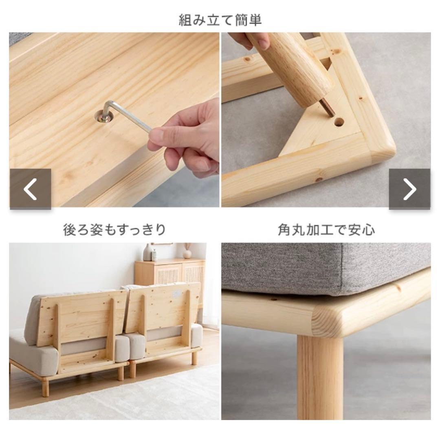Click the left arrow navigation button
tap(30, 189)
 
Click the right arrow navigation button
tap(409, 189)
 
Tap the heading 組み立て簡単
tap(220, 20)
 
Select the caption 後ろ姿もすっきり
tap(114, 230)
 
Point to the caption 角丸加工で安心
tap(326, 230)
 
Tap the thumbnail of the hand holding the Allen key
tap(114, 120)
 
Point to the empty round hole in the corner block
tap(339, 122)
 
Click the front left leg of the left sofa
tap(46, 387)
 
